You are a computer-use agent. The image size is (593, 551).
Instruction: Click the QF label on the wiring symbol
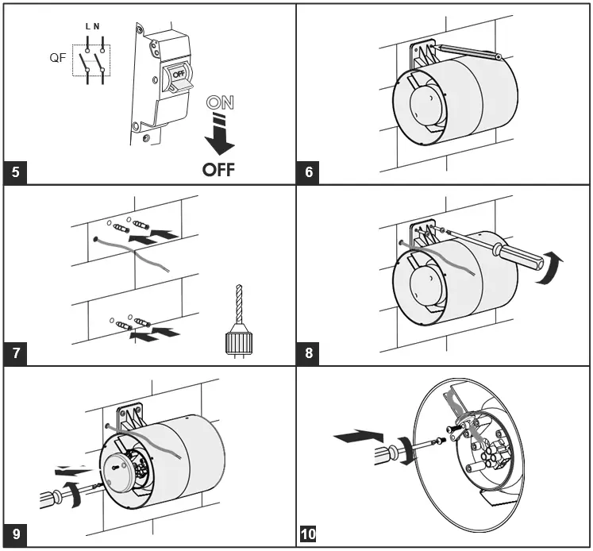[58, 58]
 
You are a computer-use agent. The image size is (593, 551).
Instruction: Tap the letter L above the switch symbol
[87, 27]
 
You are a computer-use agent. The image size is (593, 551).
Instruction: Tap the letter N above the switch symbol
[97, 27]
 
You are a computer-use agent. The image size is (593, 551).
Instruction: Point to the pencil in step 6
[468, 52]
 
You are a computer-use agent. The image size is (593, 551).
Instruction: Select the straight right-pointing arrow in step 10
[358, 436]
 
